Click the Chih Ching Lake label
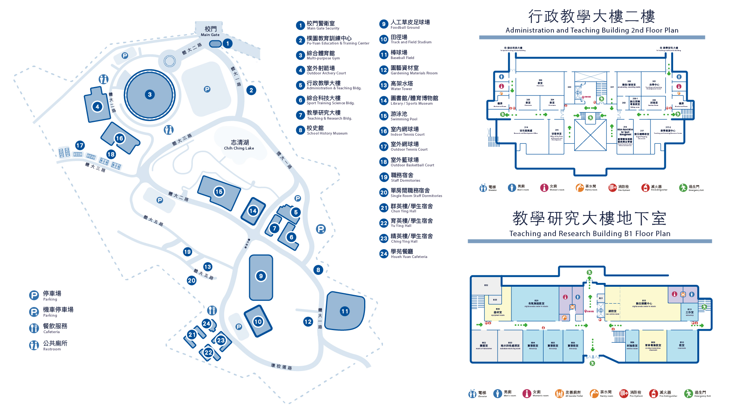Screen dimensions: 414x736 coord(239,145)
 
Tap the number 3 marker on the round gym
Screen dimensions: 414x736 coord(150,95)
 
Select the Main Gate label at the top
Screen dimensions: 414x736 coord(210,31)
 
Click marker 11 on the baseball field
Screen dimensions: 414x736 coord(345,311)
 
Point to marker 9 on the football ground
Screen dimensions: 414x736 coord(261,276)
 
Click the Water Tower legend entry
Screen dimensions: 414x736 coord(401,85)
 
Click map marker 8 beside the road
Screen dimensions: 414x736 coord(318,270)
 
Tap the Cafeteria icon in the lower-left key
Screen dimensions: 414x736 coord(34,328)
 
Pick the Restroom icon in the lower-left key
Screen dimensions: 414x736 coord(34,345)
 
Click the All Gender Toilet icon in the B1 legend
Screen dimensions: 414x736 coord(559,393)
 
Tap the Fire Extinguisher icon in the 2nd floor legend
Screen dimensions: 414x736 coord(646,188)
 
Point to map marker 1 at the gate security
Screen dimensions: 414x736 coord(228,43)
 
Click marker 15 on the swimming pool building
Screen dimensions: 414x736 coord(219,192)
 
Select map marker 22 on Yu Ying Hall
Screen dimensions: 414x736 coord(208,353)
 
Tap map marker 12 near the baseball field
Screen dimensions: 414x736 coord(308,322)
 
